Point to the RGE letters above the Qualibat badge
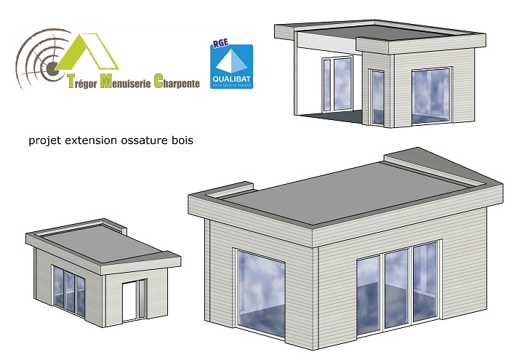220,43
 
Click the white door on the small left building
131,300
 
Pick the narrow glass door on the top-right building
377,97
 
